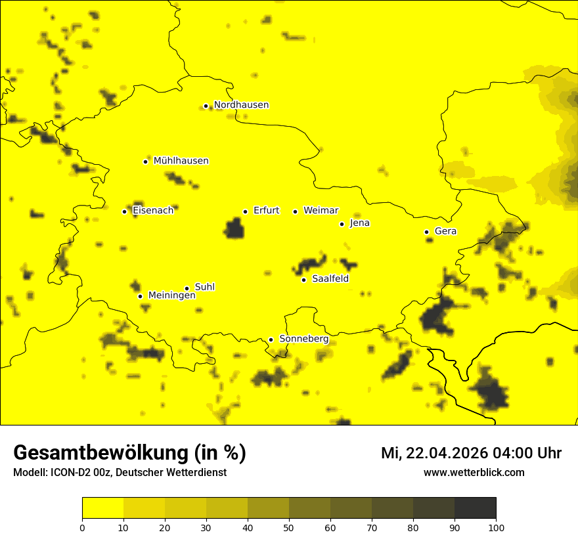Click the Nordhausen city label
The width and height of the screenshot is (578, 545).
coord(241,105)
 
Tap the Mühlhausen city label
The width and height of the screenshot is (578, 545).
coord(181,161)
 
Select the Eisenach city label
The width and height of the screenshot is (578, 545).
coord(153,211)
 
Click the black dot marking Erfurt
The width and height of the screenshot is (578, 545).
coord(245,211)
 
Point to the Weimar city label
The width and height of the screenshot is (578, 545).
coord(321,211)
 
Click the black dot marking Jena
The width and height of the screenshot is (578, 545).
coord(342,224)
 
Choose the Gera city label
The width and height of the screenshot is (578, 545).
coord(445,231)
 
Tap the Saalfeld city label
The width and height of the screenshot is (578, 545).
coord(330,279)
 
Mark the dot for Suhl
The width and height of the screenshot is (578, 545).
coord(187,288)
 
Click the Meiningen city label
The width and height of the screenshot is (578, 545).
coord(171,295)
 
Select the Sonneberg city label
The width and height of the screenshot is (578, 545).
coord(303,339)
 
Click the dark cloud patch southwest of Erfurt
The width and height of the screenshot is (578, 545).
coord(234,229)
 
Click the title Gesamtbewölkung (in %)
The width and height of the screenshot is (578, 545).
coord(129,453)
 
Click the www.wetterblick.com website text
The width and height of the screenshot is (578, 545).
coord(474,473)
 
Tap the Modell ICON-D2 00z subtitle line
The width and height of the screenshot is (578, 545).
coord(120,473)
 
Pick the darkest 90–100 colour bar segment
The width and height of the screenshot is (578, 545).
coord(475,508)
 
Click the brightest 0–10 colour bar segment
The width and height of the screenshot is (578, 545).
coord(102,508)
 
